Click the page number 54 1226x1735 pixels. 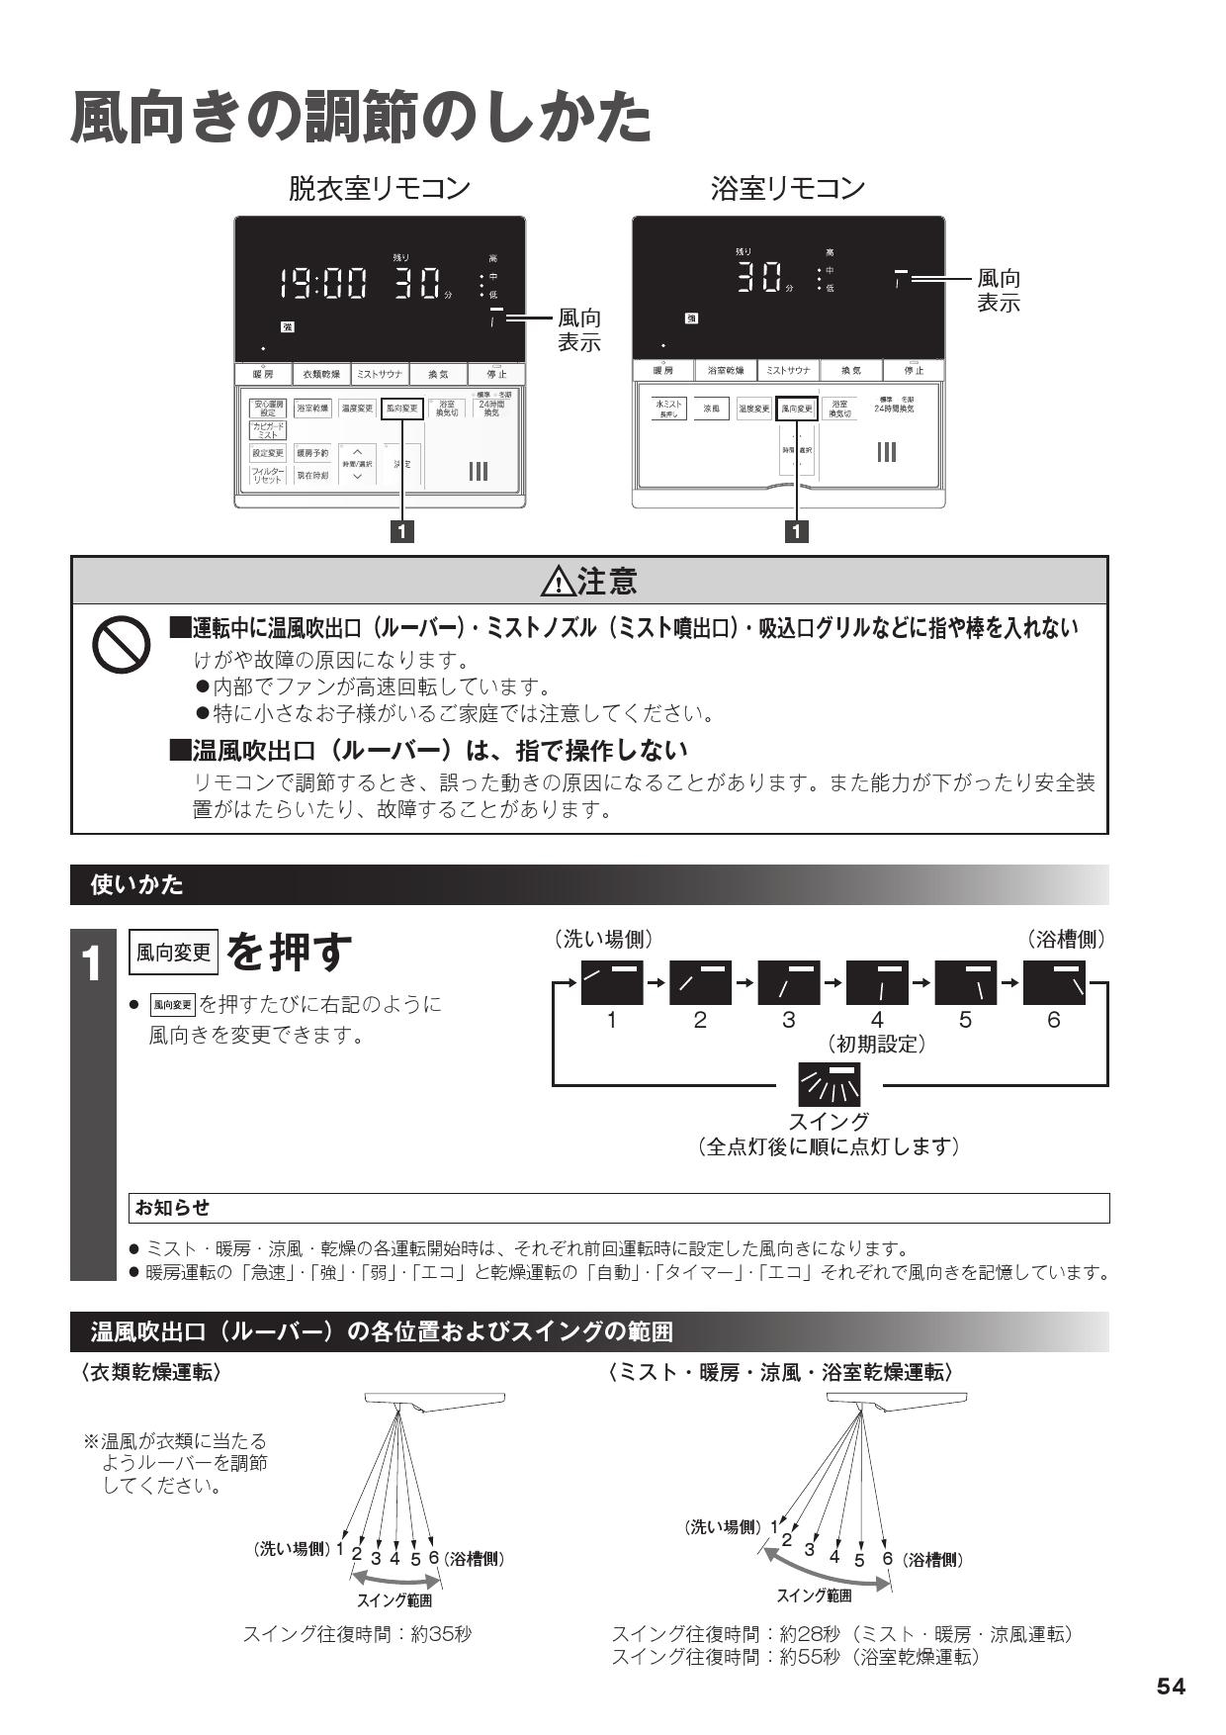(x=1171, y=1688)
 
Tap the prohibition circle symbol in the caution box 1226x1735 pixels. (x=121, y=646)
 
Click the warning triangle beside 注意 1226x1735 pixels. (x=559, y=583)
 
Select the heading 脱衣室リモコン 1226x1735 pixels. (x=379, y=188)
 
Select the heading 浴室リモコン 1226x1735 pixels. (x=787, y=188)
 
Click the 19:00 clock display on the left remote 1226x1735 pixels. (x=321, y=286)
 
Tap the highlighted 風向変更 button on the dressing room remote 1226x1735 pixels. (x=401, y=408)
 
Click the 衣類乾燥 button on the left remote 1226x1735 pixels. (x=321, y=375)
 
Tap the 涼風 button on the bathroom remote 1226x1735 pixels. (x=711, y=408)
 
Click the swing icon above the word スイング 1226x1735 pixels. (x=830, y=1085)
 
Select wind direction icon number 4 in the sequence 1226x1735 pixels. (x=877, y=982)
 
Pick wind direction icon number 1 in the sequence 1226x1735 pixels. (x=612, y=982)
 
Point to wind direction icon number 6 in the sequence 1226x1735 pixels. (x=1054, y=982)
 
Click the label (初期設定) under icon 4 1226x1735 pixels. (x=877, y=1044)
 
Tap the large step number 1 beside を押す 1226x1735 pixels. (x=92, y=965)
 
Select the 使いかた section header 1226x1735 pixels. (x=137, y=884)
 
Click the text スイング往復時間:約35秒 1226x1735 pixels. (x=357, y=1634)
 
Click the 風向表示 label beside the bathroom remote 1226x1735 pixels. (x=998, y=291)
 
